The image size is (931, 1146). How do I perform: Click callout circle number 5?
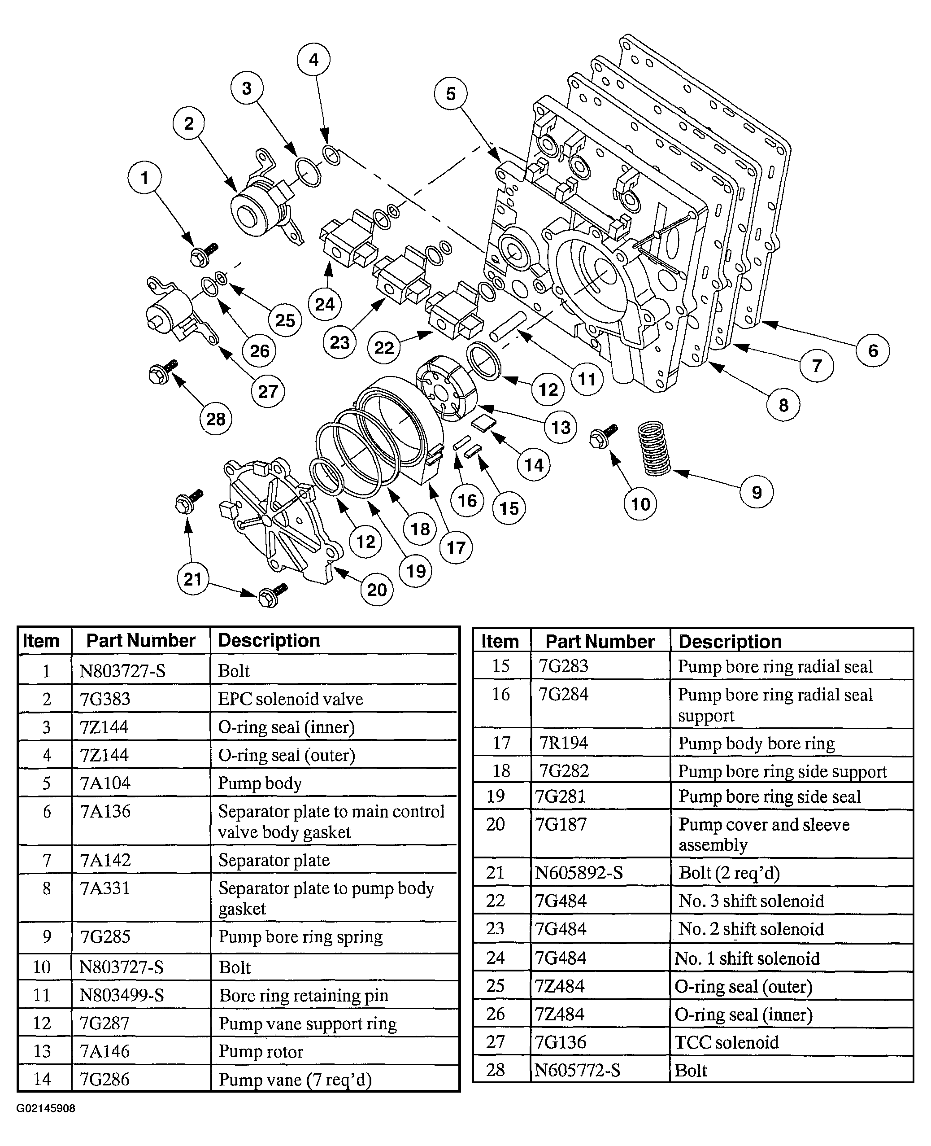[451, 93]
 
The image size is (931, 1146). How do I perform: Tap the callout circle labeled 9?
[756, 492]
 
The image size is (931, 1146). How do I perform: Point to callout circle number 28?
[216, 419]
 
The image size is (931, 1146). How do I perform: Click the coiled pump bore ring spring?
[654, 448]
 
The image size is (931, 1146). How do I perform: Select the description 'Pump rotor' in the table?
[261, 1051]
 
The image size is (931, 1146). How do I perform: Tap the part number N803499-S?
[122, 995]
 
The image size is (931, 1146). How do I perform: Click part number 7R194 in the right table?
[563, 743]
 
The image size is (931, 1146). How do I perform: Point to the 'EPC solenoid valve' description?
[290, 699]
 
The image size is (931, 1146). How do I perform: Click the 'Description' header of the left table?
[269, 640]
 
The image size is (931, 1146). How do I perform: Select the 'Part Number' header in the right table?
[600, 641]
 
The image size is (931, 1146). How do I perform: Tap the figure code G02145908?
[46, 1108]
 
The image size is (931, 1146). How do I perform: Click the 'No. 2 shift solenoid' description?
[751, 929]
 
